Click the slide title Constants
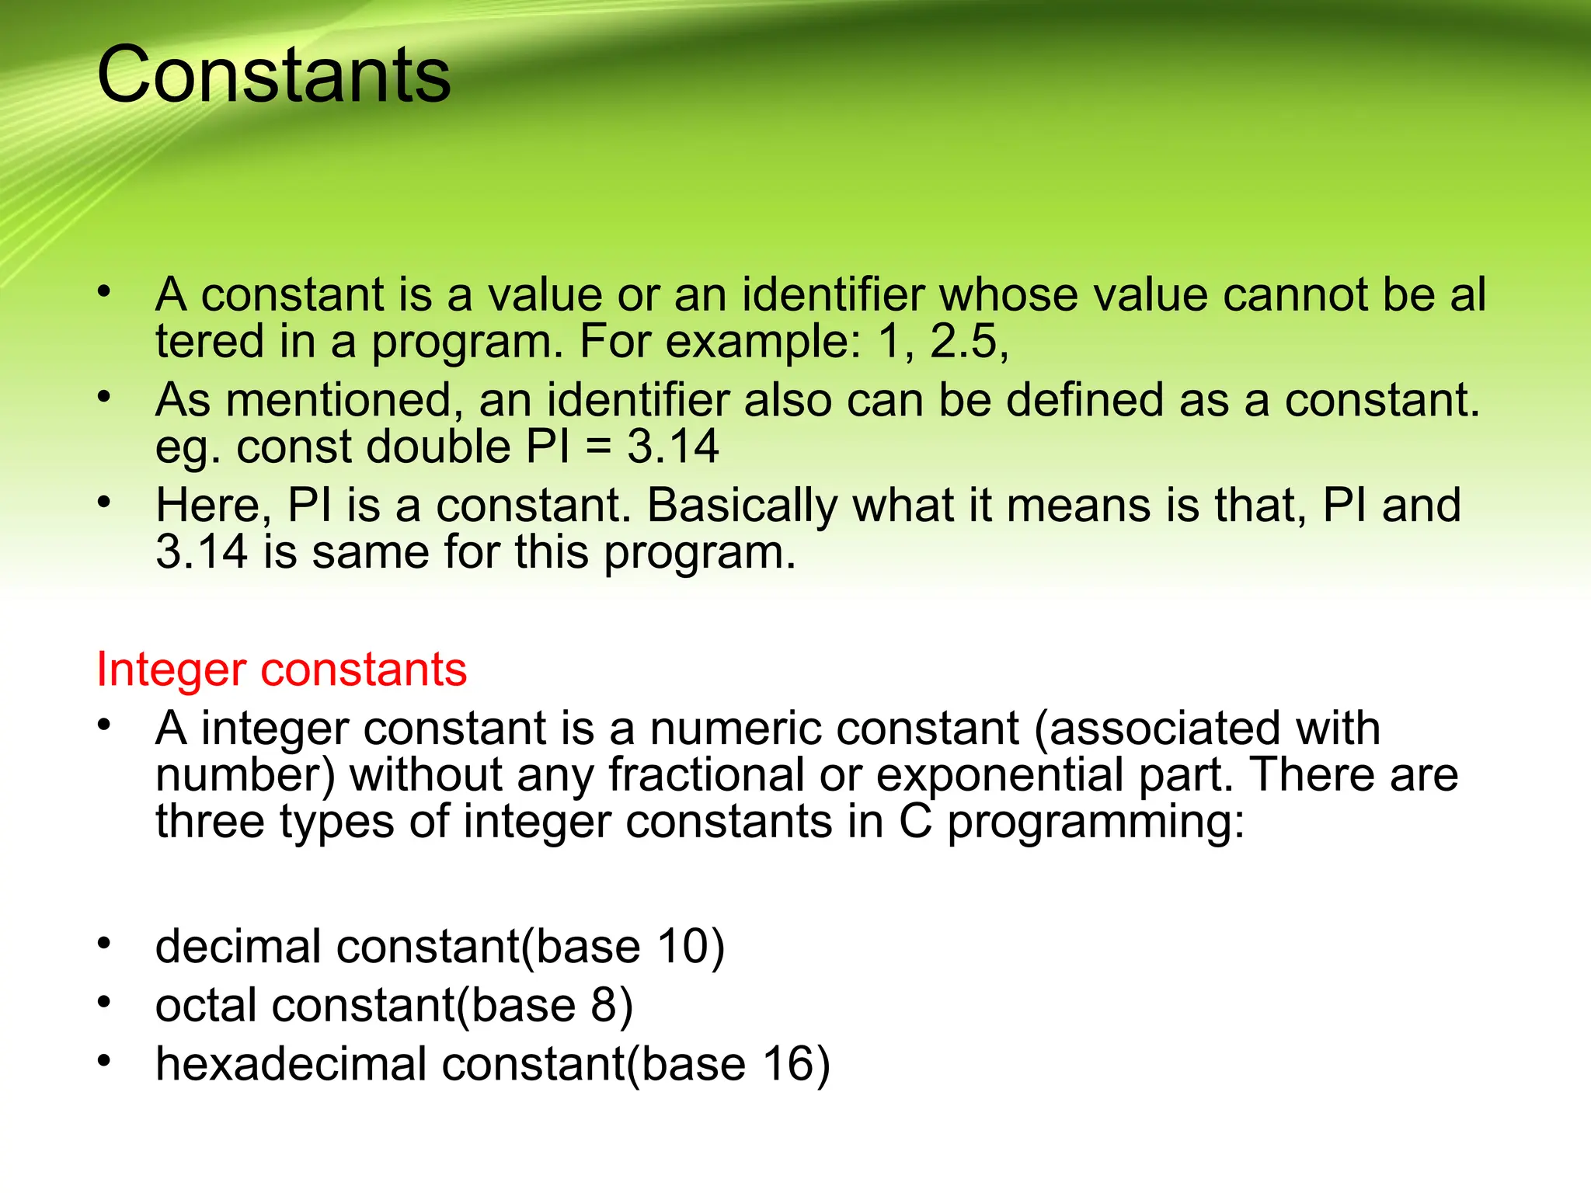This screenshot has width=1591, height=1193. click(x=273, y=75)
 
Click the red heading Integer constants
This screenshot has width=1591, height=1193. click(x=281, y=670)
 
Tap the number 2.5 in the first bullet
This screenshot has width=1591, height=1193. click(x=963, y=342)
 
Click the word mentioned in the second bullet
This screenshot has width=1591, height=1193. click(x=339, y=401)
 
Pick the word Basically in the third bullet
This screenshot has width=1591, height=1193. click(x=742, y=506)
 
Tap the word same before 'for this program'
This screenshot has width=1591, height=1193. click(x=371, y=553)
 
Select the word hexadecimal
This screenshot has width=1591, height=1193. click(x=291, y=1064)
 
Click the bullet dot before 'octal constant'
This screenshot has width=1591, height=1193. click(x=104, y=1003)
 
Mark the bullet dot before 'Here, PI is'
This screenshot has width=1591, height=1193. click(x=104, y=503)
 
